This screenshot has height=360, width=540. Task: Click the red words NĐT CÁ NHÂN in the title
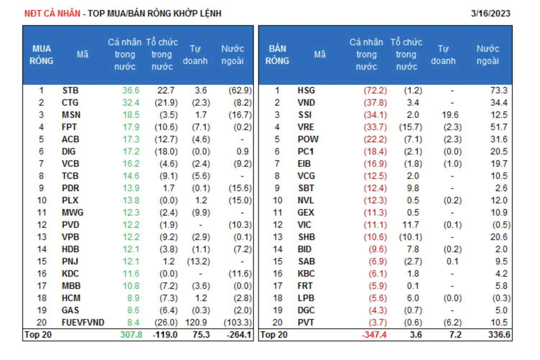(x=52, y=14)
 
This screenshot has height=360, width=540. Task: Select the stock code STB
(x=70, y=91)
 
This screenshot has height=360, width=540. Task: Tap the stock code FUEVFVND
(x=83, y=323)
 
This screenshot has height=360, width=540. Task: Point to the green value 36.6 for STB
(x=131, y=91)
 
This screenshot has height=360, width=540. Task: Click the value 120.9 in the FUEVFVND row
(x=196, y=323)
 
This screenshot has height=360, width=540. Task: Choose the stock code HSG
(x=306, y=91)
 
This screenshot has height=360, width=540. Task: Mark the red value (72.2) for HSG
(x=375, y=91)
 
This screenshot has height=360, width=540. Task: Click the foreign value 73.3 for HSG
(x=499, y=91)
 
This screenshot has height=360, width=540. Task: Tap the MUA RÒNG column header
(x=41, y=55)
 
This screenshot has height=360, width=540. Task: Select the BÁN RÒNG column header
(x=277, y=55)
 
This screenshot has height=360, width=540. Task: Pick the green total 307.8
(x=131, y=335)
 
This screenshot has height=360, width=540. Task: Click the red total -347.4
(x=374, y=335)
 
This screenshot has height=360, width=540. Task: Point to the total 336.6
(x=499, y=335)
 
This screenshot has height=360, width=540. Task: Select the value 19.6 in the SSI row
(x=450, y=115)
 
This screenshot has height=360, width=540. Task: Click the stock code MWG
(x=72, y=213)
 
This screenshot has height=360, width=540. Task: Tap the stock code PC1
(x=306, y=152)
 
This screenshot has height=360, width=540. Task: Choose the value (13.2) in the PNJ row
(x=198, y=262)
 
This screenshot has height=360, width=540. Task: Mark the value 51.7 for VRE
(x=499, y=127)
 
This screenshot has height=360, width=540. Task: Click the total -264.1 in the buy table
(x=239, y=335)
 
